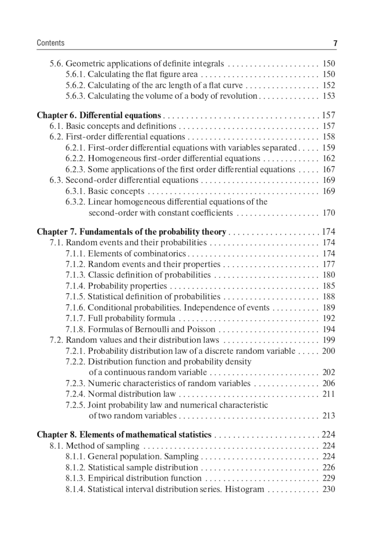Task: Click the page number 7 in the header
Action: click(335, 43)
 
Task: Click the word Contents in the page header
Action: click(50, 43)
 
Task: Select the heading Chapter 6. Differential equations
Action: click(99, 115)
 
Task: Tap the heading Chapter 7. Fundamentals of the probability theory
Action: click(132, 232)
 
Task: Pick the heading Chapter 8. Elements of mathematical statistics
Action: click(124, 435)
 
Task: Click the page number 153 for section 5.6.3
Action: click(329, 96)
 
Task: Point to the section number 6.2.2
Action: click(75, 158)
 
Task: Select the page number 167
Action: click(329, 169)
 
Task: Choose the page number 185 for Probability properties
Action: click(329, 286)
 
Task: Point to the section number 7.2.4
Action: click(75, 394)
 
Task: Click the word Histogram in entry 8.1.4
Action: click(244, 489)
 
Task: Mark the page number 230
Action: click(329, 489)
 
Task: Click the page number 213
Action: click(329, 416)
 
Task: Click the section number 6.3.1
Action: click(75, 191)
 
